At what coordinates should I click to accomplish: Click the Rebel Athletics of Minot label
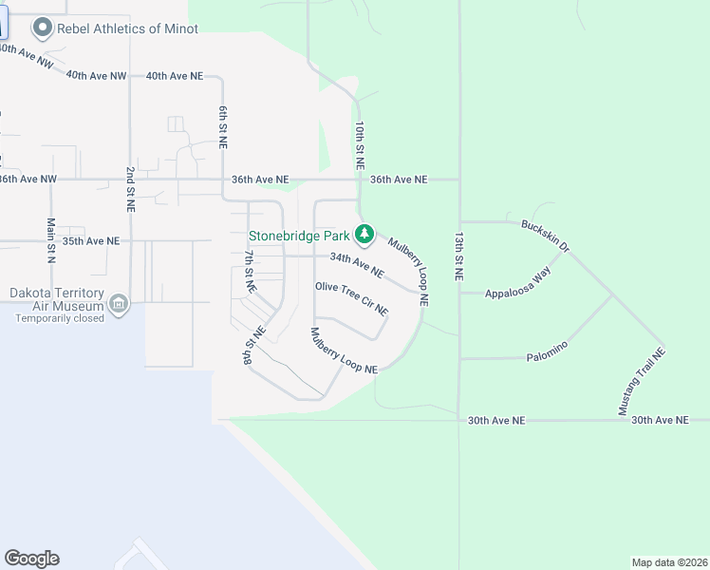(x=128, y=28)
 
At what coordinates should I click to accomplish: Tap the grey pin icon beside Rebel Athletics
(x=42, y=28)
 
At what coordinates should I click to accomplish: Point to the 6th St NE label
(x=223, y=127)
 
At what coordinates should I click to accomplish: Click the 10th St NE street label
(x=360, y=144)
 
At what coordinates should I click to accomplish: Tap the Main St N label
(x=51, y=239)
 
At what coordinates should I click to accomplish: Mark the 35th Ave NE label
(x=91, y=241)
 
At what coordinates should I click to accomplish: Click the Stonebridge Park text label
(x=298, y=234)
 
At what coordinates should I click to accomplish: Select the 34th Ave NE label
(x=357, y=265)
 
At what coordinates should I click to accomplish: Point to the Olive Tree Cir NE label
(x=352, y=297)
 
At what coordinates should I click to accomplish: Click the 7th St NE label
(x=250, y=271)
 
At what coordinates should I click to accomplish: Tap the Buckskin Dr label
(x=545, y=236)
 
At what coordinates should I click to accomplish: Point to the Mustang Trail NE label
(x=643, y=381)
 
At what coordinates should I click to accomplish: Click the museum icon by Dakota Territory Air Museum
(x=118, y=305)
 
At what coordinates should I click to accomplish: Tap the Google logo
(x=31, y=559)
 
